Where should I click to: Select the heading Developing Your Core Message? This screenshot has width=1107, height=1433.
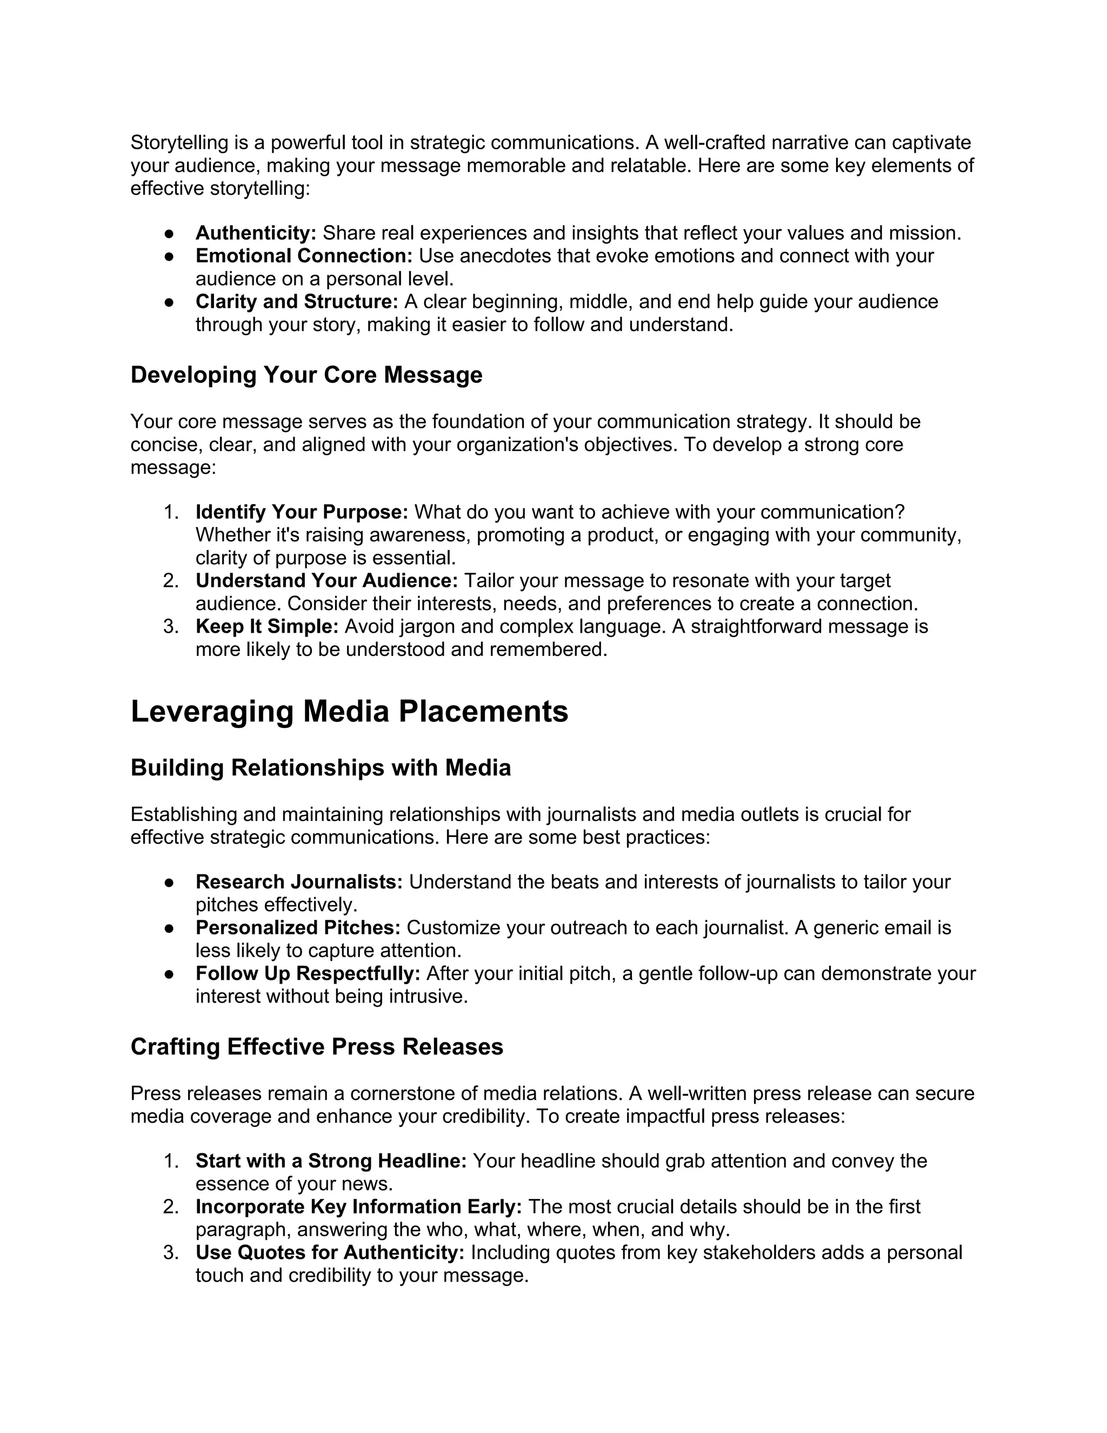click(306, 375)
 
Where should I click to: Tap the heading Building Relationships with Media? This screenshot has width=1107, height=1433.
click(320, 768)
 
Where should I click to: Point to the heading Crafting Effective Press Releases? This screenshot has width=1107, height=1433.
click(317, 1046)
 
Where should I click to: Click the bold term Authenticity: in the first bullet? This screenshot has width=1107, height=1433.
click(256, 233)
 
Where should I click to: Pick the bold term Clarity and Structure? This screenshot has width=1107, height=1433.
click(296, 302)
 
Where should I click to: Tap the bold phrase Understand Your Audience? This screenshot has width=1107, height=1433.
click(326, 581)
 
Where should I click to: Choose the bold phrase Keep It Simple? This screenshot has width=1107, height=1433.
click(266, 627)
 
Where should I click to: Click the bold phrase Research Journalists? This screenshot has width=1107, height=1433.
click(298, 882)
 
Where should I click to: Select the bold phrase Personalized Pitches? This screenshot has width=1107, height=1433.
click(298, 928)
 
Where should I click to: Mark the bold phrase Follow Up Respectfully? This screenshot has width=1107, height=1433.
click(308, 974)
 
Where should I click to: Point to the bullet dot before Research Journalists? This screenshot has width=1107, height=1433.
click(169, 883)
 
